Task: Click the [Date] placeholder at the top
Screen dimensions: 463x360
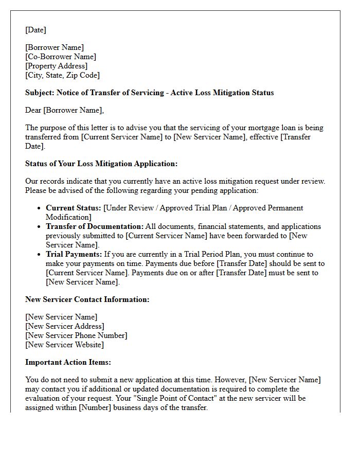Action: pos(35,30)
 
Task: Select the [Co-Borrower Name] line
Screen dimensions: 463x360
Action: pos(61,57)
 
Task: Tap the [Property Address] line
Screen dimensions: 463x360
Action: pos(57,66)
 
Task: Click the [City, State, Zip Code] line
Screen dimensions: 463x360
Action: pos(62,75)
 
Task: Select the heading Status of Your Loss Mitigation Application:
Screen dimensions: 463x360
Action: pos(101,164)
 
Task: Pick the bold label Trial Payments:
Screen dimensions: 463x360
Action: pos(74,254)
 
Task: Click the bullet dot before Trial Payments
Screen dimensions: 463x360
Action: pos(40,255)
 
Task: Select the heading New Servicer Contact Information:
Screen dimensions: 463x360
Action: pos(87,299)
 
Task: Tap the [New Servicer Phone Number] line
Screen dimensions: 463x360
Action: pos(76,335)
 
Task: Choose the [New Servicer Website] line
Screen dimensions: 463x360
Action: pos(64,345)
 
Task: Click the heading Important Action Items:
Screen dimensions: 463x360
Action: pos(68,362)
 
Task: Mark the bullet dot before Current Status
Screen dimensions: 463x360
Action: pos(40,208)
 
